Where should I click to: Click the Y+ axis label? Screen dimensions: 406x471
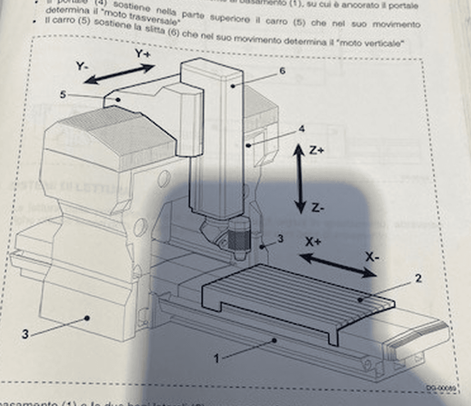[142, 54]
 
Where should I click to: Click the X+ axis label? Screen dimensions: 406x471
[314, 242]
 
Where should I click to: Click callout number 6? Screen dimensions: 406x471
[282, 71]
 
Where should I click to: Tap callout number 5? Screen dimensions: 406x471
[63, 94]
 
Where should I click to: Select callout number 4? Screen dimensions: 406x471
[301, 128]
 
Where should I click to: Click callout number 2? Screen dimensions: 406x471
[418, 278]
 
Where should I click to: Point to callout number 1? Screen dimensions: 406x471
[217, 359]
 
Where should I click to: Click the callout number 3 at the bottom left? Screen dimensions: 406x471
[25, 335]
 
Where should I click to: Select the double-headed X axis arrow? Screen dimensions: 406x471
[338, 265]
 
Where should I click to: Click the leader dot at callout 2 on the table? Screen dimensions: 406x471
[360, 299]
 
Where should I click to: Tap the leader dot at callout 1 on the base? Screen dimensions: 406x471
[275, 340]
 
